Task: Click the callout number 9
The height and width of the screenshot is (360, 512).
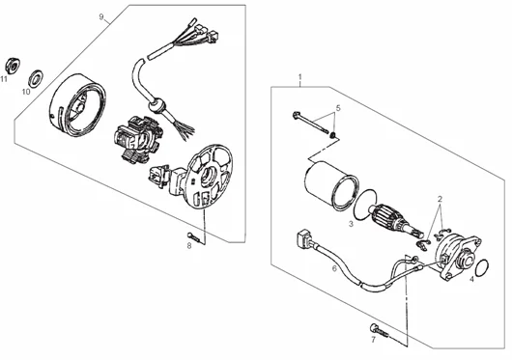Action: coord(101,17)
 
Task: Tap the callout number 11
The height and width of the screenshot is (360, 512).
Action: coord(4,79)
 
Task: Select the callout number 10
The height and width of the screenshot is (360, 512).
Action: coord(26,92)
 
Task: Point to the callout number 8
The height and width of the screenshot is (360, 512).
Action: coord(189,246)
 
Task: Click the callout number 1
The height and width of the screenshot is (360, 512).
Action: coord(300,77)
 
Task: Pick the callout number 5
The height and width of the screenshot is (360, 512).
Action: coord(338,107)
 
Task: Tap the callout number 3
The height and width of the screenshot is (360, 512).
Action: coord(351,224)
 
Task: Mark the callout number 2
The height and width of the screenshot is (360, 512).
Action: coord(440,199)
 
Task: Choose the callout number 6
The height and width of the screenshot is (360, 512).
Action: coord(334,268)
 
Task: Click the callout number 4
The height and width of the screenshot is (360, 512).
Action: coord(471,279)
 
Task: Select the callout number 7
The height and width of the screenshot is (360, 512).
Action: coord(373,340)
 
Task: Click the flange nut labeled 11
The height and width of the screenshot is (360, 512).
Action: coord(13,66)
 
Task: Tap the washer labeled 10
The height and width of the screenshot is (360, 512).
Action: coord(36,78)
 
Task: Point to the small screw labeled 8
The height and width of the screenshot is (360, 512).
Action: coord(193,236)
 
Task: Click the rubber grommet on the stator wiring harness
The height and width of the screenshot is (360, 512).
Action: coord(156,105)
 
